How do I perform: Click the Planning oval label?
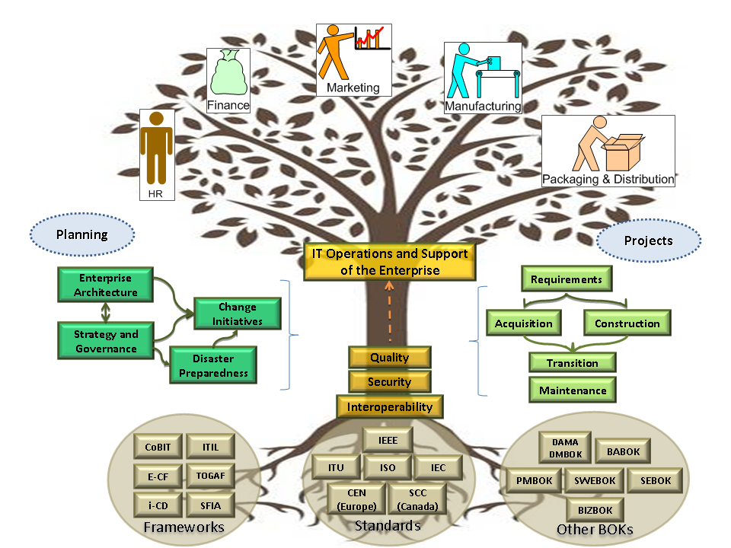tap(82, 234)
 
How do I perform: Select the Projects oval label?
tap(649, 241)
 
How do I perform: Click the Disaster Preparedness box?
tap(213, 365)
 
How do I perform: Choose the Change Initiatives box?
tap(238, 314)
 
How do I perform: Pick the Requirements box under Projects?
tap(567, 279)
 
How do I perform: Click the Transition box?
tap(572, 363)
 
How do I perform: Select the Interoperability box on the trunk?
tap(390, 406)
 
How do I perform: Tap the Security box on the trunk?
tap(390, 382)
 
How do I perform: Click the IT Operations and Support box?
tap(390, 260)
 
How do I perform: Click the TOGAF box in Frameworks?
tap(209, 476)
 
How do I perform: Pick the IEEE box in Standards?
tap(388, 440)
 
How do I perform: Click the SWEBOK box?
tap(594, 480)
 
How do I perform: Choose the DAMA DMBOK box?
tap(565, 448)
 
